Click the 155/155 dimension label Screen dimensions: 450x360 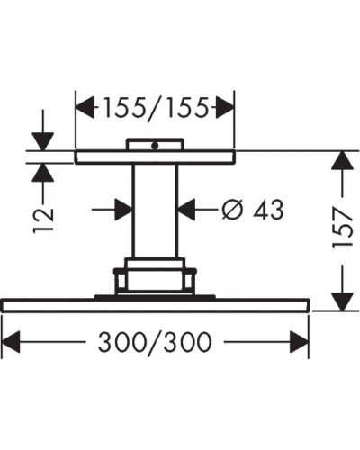click(155, 109)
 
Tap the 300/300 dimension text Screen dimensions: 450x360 click(155, 343)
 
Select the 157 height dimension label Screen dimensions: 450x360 click(342, 231)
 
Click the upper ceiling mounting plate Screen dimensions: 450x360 click(154, 157)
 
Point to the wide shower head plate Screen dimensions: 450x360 click(155, 305)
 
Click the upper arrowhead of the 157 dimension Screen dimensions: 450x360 click(341, 162)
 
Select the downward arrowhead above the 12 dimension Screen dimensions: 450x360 click(42, 141)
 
